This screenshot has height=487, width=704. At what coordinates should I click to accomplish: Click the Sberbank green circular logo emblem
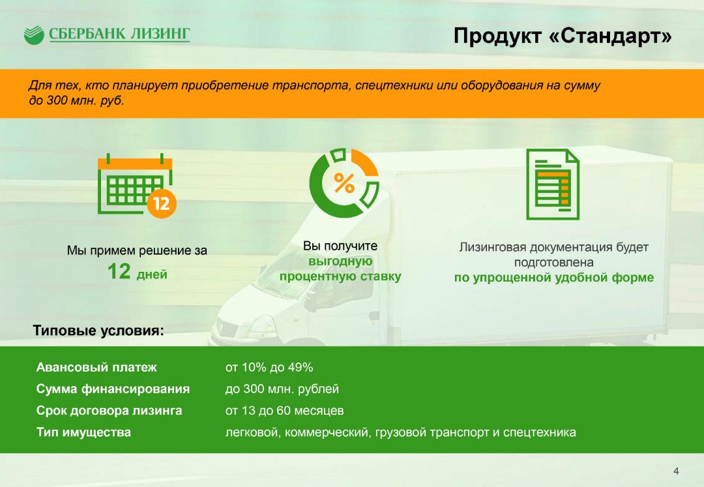tap(34, 35)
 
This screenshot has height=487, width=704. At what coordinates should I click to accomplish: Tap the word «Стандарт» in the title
tap(610, 35)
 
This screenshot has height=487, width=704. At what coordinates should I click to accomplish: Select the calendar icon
tap(135, 184)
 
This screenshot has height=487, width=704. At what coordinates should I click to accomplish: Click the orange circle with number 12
tap(162, 203)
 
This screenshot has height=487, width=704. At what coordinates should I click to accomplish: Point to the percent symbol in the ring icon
tap(344, 183)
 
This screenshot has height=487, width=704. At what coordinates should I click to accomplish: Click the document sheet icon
tap(553, 184)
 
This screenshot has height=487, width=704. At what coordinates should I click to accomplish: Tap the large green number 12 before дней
tap(119, 272)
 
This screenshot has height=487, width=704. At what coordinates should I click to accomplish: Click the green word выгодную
tap(340, 261)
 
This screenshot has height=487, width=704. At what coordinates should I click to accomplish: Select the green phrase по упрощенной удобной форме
tap(553, 277)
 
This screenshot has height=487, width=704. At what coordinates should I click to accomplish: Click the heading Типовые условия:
tap(98, 331)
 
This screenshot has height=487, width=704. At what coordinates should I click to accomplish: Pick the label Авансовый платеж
tap(96, 367)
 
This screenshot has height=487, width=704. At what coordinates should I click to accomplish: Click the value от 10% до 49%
tap(269, 367)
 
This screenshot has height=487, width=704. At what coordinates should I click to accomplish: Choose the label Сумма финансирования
tap(113, 389)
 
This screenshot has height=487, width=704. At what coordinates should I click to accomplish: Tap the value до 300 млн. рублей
tap(282, 389)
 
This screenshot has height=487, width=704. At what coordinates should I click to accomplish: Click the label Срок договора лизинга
tap(109, 410)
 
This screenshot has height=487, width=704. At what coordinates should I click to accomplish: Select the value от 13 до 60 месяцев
tap(285, 410)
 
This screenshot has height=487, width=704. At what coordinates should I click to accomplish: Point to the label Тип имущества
tap(83, 432)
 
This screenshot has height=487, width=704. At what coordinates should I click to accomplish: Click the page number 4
tap(676, 471)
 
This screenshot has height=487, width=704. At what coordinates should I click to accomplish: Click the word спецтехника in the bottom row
tap(539, 432)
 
